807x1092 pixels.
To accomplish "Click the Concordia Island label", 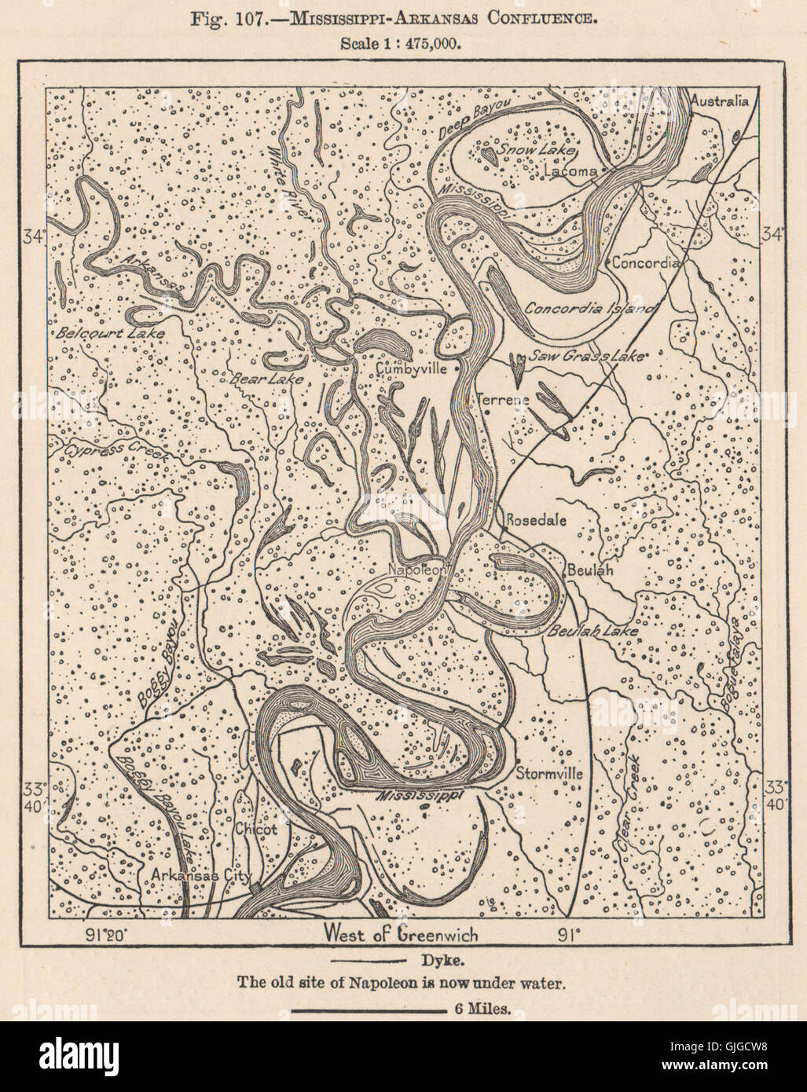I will coord(590,308).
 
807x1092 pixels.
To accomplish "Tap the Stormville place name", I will coord(549,773).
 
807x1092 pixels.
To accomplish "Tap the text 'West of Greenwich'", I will coord(400,935).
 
